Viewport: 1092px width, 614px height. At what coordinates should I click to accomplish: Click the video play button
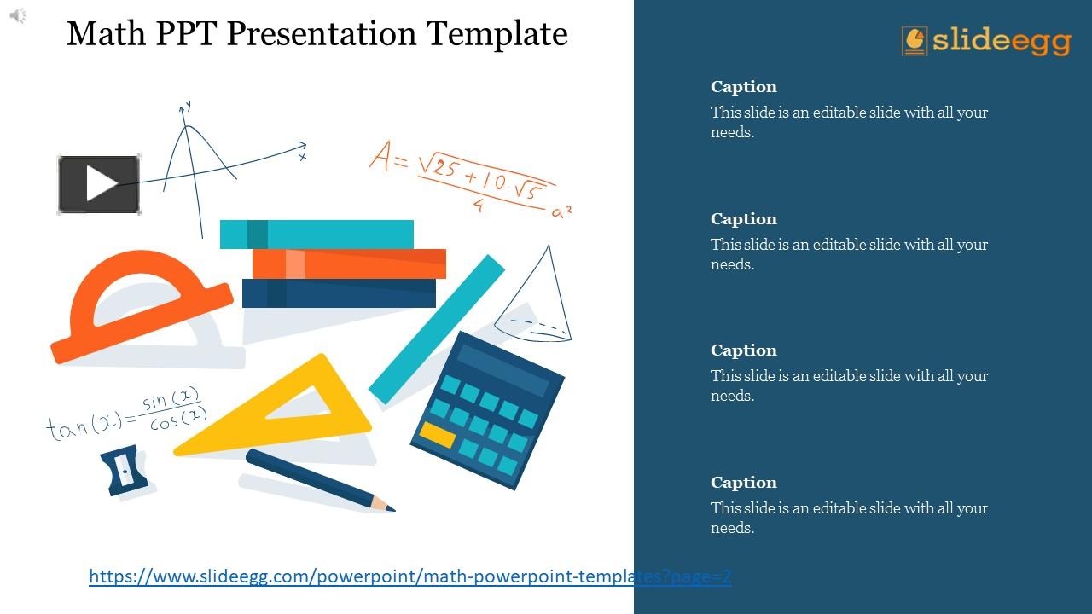pyautogui.click(x=99, y=184)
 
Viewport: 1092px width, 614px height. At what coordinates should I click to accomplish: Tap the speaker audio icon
pyautogui.click(x=18, y=15)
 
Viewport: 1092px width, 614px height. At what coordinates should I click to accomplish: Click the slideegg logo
pyautogui.click(x=985, y=41)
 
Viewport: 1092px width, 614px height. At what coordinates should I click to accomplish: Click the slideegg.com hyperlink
pyautogui.click(x=410, y=576)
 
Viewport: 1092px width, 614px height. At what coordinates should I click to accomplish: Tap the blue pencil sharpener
pyautogui.click(x=125, y=470)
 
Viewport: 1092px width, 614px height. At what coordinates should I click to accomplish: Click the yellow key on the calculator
pyautogui.click(x=438, y=435)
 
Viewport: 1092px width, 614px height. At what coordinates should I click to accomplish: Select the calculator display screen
pyautogui.click(x=503, y=370)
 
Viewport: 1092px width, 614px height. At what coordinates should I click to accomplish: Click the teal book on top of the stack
pyautogui.click(x=317, y=235)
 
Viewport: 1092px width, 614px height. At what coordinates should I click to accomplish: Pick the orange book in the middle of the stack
pyautogui.click(x=349, y=264)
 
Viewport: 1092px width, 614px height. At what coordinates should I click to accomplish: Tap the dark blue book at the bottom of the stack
pyautogui.click(x=339, y=293)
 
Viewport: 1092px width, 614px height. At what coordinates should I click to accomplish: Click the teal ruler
pyautogui.click(x=436, y=329)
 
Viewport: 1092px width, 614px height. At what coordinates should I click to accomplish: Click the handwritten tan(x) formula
pyautogui.click(x=127, y=414)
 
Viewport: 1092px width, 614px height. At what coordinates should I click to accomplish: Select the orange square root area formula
pyautogui.click(x=470, y=178)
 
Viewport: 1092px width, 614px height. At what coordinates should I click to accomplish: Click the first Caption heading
pyautogui.click(x=743, y=87)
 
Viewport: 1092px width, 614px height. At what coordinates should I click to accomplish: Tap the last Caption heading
pyautogui.click(x=743, y=483)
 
